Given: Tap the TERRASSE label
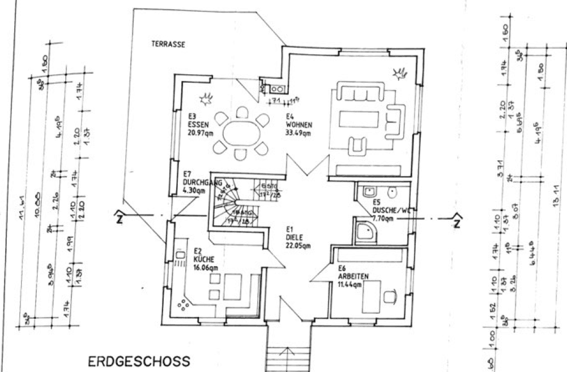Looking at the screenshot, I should [x=168, y=43].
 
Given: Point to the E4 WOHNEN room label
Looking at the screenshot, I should [x=298, y=124].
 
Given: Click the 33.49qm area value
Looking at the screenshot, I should [x=299, y=134].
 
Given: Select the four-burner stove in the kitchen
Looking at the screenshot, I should [x=184, y=306].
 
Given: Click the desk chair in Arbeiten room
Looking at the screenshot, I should [x=390, y=296].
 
